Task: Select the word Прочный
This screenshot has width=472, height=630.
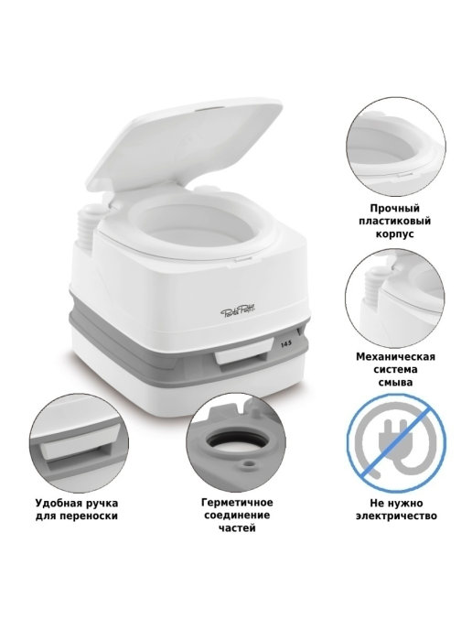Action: pyautogui.click(x=395, y=209)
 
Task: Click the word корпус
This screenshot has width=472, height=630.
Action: pyautogui.click(x=395, y=234)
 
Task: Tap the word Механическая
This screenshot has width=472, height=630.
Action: pyautogui.click(x=395, y=356)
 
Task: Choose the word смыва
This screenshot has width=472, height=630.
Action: pyautogui.click(x=395, y=382)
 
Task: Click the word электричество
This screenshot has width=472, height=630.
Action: pyautogui.click(x=396, y=516)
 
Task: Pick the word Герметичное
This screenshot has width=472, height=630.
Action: pyautogui.click(x=237, y=502)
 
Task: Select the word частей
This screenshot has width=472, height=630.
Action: pyautogui.click(x=237, y=527)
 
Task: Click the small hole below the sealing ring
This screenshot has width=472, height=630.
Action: pyautogui.click(x=251, y=463)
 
